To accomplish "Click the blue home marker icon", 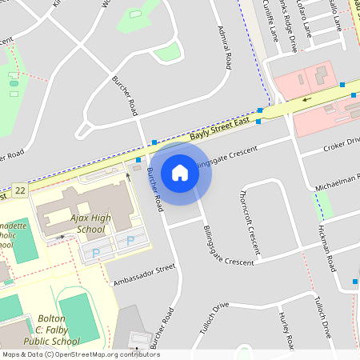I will point(180,173).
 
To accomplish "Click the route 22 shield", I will point(20,190).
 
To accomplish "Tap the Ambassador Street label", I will point(144,274).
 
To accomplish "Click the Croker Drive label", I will point(342,145).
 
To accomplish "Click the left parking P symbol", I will point(97,253).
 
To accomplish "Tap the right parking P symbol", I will point(130,241).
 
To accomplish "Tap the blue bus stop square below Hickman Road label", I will point(355,282).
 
